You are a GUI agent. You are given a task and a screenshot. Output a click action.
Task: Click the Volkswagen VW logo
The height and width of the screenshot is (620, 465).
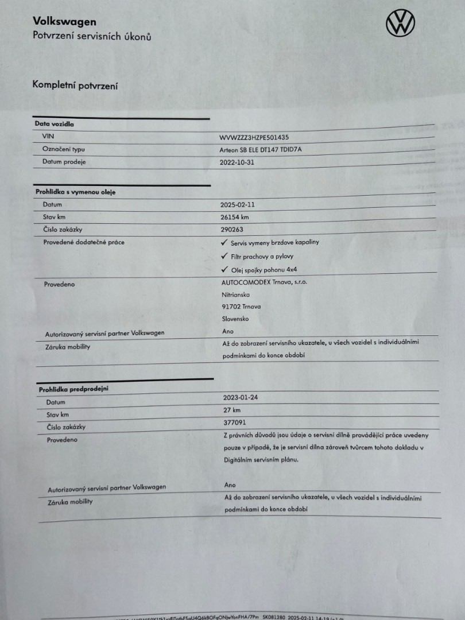pyautogui.click(x=400, y=23)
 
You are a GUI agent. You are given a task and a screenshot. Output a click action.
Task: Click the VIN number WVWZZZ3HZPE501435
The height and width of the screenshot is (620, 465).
pyautogui.click(x=254, y=138)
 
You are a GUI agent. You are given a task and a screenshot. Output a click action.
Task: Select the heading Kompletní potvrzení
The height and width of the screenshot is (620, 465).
pyautogui.click(x=75, y=85)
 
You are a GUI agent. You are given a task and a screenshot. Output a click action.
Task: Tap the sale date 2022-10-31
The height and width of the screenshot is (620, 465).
pyautogui.click(x=237, y=162)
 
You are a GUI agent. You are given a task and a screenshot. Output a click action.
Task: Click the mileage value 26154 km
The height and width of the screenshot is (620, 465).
pyautogui.click(x=235, y=217)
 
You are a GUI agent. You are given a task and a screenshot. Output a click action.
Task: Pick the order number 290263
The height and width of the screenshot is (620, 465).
pyautogui.click(x=231, y=230)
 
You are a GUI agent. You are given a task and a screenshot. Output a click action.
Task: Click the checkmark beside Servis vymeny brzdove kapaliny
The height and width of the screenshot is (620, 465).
pyautogui.click(x=224, y=242)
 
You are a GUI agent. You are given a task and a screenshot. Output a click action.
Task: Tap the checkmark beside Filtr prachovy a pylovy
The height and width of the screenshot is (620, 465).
pyautogui.click(x=224, y=256)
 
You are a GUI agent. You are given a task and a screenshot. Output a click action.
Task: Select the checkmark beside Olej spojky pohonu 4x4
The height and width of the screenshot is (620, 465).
pyautogui.click(x=224, y=269)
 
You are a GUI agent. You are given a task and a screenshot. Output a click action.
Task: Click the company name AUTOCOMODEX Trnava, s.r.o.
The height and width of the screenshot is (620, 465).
pyautogui.click(x=264, y=282)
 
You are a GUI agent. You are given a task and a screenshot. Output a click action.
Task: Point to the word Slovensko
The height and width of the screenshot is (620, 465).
pyautogui.click(x=235, y=319)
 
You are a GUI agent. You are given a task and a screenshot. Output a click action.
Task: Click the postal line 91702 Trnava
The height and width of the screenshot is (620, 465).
pyautogui.click(x=241, y=307)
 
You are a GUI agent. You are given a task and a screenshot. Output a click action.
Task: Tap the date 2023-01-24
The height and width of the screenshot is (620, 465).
pyautogui.click(x=241, y=397)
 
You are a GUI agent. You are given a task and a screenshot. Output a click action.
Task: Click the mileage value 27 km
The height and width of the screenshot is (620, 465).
pyautogui.click(x=232, y=410)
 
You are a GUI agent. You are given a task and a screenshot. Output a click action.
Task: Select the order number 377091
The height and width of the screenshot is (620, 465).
pyautogui.click(x=234, y=423)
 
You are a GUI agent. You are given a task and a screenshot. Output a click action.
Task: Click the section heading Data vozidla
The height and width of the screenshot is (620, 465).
pyautogui.click(x=54, y=123)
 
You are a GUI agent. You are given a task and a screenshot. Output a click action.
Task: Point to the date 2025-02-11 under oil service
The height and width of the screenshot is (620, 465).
pyautogui.click(x=237, y=204)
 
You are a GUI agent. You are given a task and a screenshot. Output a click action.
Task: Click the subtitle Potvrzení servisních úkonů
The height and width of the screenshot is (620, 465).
pyautogui.click(x=92, y=37)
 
